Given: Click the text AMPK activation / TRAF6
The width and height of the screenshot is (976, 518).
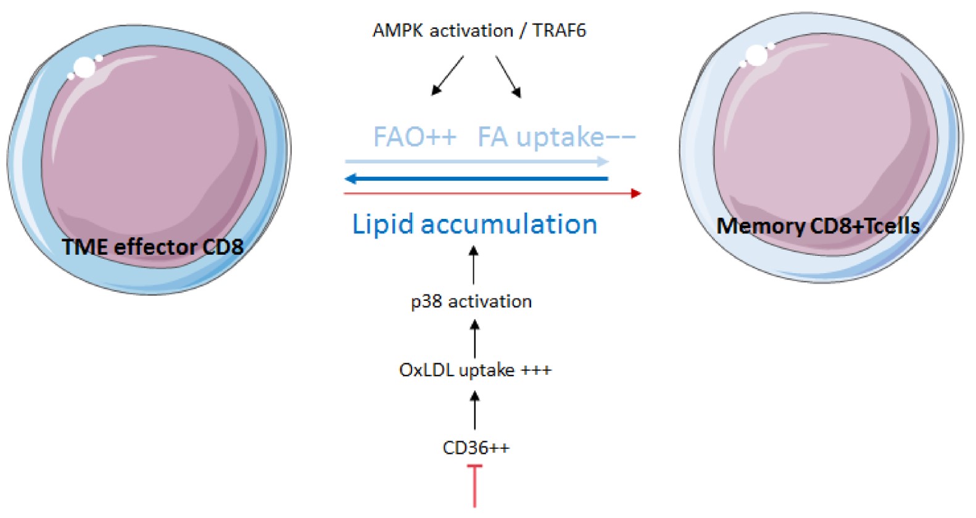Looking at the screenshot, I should [479, 30].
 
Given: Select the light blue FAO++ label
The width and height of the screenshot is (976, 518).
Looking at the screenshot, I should [415, 137].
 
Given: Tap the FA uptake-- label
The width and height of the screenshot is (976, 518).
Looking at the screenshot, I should [555, 137].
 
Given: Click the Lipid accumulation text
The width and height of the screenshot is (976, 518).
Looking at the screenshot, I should [474, 224].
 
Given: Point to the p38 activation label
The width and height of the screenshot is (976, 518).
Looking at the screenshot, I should [471, 302].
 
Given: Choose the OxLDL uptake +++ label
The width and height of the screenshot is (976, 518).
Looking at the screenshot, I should [475, 370].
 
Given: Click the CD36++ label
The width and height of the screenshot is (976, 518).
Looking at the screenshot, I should [476, 448].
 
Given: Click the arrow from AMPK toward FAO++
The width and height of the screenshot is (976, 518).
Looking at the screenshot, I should [447, 75].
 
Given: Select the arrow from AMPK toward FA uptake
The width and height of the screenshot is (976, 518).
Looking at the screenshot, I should [508, 76].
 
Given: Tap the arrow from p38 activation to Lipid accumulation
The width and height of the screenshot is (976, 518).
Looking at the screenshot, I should [474, 265].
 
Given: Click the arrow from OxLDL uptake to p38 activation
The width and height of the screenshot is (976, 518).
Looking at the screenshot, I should [474, 338].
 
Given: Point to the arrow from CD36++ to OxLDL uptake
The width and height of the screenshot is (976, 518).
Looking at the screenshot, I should [474, 411].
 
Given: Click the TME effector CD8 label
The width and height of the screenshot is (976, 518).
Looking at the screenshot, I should [152, 247].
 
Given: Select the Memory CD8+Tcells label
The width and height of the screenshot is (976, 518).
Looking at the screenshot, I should [817, 226].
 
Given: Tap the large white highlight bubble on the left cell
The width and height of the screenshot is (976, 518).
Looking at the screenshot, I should [85, 67].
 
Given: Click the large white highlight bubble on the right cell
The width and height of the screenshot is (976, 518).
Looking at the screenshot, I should [756, 55].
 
